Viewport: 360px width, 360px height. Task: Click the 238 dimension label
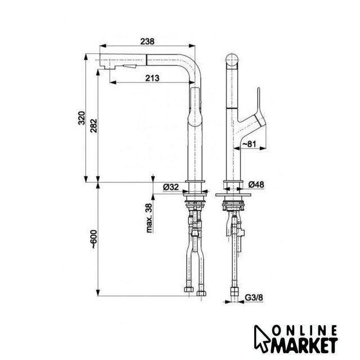click(x=147, y=42)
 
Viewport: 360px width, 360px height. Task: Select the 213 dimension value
click(x=152, y=78)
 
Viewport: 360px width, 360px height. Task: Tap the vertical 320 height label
click(x=82, y=118)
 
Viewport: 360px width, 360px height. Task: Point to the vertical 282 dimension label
click(x=94, y=126)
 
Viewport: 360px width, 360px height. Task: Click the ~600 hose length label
click(x=94, y=238)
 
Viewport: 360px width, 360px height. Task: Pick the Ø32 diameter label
click(x=170, y=187)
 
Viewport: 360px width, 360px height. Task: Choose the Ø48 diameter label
click(x=256, y=184)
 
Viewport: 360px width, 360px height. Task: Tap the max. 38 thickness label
click(x=149, y=218)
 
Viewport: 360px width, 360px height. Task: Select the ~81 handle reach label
click(x=249, y=144)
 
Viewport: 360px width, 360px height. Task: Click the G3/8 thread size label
click(x=254, y=298)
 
